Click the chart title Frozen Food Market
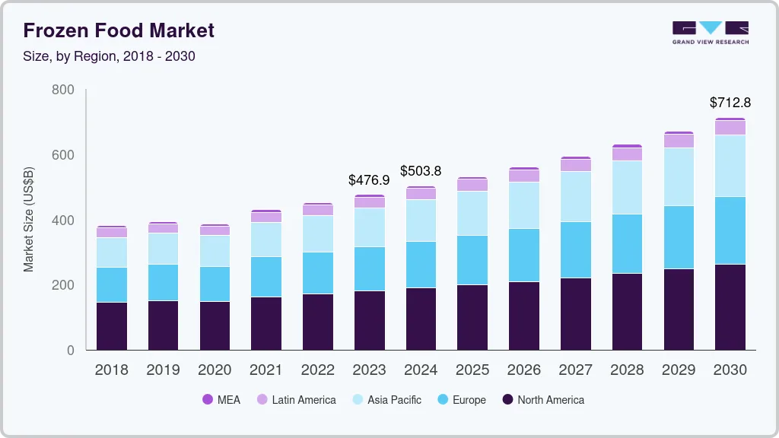(x=119, y=30)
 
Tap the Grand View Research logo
(x=710, y=33)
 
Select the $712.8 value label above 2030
(x=730, y=103)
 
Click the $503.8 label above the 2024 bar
(x=420, y=171)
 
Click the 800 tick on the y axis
(x=63, y=90)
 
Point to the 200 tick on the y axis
(x=63, y=285)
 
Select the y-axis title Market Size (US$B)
(x=29, y=220)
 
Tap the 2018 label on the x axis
(x=111, y=370)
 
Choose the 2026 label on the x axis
(x=523, y=370)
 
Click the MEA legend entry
(x=221, y=400)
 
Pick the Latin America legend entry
(x=296, y=400)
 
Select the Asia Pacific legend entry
(x=386, y=400)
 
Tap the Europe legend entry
(x=461, y=400)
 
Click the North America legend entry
(x=543, y=400)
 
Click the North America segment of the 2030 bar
(x=730, y=307)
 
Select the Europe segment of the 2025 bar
(x=472, y=260)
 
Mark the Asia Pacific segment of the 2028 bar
(x=627, y=187)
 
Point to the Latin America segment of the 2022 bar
(x=317, y=210)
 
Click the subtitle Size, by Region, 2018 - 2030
(x=109, y=56)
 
